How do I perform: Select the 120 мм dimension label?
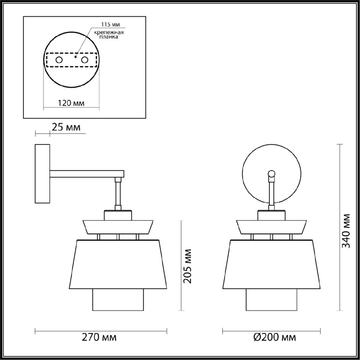pos(71,103)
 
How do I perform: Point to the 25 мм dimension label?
pos(66,127)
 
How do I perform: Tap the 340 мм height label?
pos(346,230)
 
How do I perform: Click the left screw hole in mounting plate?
pos(59,60)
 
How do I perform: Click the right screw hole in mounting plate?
pos(85,60)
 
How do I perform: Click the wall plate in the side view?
pos(43,174)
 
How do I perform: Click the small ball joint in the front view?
pos(271,173)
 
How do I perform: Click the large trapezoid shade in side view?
pos(118,264)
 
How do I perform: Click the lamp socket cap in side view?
pos(118,215)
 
